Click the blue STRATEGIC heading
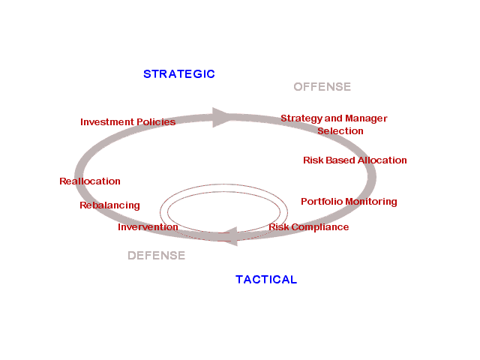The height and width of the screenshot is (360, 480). pos(178,73)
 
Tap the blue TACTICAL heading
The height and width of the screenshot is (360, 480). pos(266,280)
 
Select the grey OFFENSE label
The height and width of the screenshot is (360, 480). pos(322,87)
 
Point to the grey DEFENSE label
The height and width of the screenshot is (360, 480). pos(156,256)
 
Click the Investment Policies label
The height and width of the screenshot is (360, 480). pos(127,121)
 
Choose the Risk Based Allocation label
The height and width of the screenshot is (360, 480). pos(355,160)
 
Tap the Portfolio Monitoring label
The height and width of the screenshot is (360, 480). pos(349,202)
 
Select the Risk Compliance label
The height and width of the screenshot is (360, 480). pos(308,227)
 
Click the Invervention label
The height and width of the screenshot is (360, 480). pos(148,227)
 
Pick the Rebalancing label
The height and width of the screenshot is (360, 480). pos(109,205)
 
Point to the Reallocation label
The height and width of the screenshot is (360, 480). pos(90,181)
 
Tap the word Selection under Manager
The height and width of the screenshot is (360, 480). pos(340,131)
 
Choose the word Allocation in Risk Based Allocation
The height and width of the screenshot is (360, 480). pos(382,160)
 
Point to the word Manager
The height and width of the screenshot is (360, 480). pos(366,118)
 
